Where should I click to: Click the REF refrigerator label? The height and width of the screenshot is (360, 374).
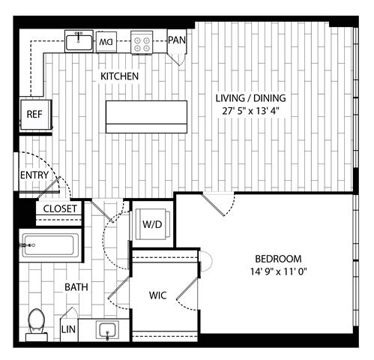coord(34,114)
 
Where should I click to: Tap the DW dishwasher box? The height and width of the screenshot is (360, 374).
coord(106,42)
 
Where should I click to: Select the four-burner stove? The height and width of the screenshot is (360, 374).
coord(142,43)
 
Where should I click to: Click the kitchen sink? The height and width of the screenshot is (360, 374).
coord(79,41)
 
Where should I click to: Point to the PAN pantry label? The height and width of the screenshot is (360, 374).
coord(177,40)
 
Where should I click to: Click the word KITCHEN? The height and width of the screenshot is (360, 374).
coord(119,76)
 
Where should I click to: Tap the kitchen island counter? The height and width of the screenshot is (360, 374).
coord(146,117)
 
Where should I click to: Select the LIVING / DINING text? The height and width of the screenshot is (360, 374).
coord(250,98)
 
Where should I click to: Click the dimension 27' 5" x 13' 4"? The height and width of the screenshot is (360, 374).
coord(250,111)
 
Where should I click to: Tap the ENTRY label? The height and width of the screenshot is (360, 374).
coord(34,175)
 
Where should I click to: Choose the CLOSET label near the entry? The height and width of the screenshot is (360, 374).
coord(60,208)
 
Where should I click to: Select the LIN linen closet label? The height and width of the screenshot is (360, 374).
coord(68,329)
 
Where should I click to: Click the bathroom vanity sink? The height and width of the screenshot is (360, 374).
coord(107,331)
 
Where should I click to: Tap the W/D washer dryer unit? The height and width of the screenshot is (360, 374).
coord(153,224)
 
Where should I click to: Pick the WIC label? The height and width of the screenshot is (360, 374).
coord(158,295)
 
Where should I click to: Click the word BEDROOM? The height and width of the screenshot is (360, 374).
coord(278,259)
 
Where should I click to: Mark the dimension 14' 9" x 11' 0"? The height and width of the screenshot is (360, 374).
coord(279,271)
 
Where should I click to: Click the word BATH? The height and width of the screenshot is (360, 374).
coord(76,287)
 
